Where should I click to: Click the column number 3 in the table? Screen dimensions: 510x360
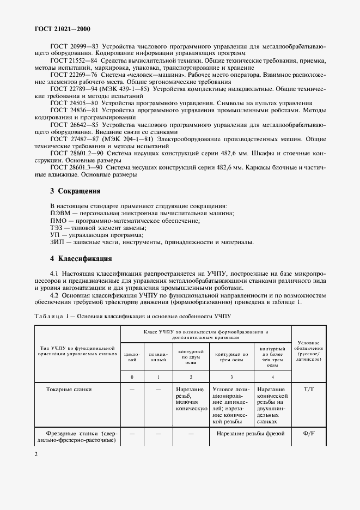pos(231,377)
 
